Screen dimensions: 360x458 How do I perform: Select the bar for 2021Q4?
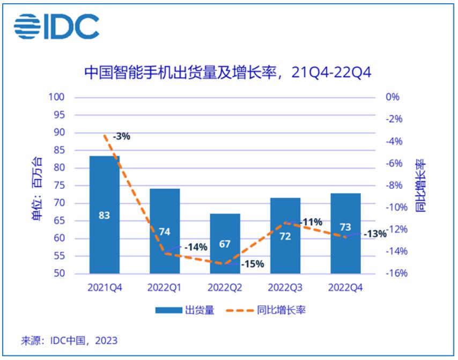point(105,215)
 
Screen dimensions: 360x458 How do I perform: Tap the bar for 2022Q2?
point(225,244)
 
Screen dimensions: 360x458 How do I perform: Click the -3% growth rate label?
point(122,136)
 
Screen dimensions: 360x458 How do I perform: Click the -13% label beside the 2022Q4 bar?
point(374,234)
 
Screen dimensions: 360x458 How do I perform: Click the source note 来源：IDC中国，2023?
point(69,341)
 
